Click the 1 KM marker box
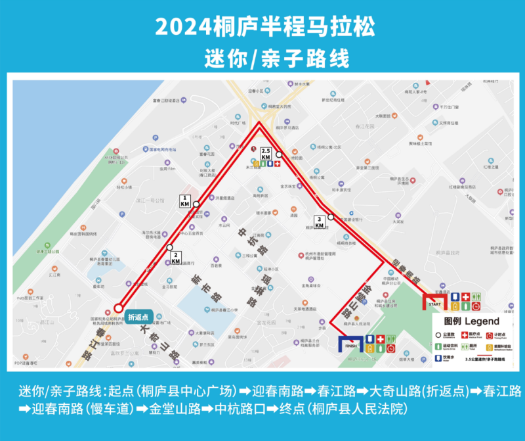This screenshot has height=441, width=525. tap(185, 200)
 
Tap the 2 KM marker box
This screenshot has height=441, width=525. tap(176, 258)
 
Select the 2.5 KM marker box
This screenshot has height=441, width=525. tap(266, 154)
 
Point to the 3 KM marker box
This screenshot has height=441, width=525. tap(319, 223)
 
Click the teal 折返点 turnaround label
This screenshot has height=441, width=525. tap(138, 317)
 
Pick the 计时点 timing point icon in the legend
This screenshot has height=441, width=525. tap(488, 334)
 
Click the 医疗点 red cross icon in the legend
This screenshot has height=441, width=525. tap(463, 334)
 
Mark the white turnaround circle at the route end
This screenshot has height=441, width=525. tap(119, 308)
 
